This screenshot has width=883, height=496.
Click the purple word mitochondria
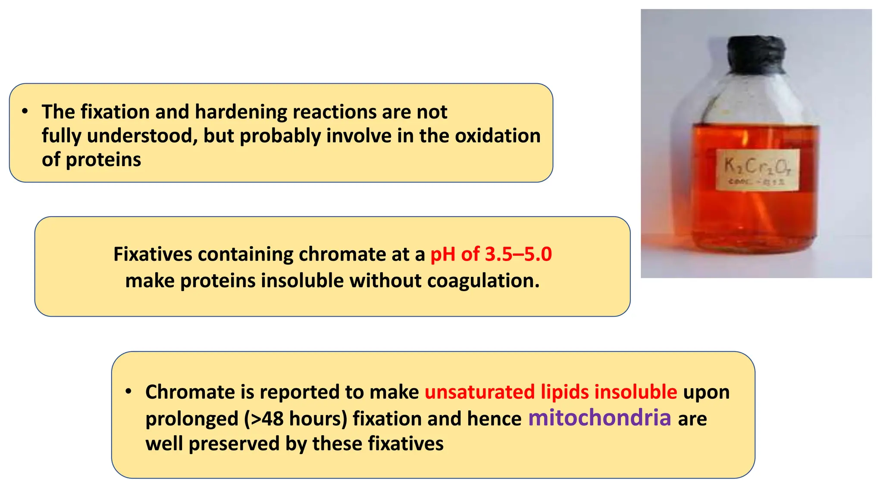point(599,418)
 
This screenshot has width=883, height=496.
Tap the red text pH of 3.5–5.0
point(491,254)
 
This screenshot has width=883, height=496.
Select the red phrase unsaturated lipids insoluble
point(551,392)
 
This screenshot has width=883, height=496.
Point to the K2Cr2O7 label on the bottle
point(758,170)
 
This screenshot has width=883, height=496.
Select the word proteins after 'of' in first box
point(103,160)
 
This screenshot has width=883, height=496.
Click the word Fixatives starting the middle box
point(153,254)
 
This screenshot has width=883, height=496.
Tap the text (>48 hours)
point(295,418)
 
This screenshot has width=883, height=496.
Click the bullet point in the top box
point(25,112)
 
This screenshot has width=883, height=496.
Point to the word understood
point(142,136)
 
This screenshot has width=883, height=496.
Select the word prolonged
point(191,419)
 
